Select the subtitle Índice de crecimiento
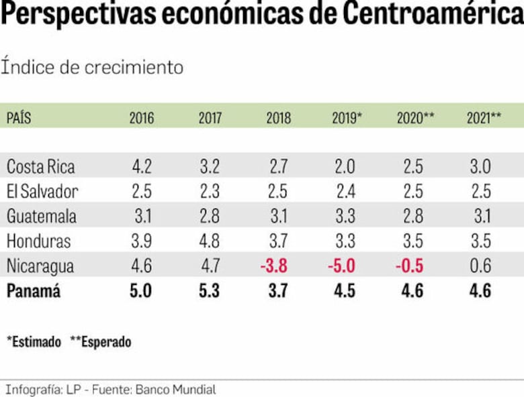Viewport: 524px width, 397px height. point(92,67)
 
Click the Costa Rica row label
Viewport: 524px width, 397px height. point(40,166)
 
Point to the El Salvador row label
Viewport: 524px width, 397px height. point(42,191)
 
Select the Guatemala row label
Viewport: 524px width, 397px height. point(42,216)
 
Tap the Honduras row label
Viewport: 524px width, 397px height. point(38,241)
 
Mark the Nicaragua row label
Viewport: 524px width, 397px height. point(40,266)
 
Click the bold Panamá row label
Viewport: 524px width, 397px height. point(34,292)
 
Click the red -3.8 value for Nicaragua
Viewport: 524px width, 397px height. point(274,266)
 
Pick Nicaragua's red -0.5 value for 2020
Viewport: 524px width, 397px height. point(409,266)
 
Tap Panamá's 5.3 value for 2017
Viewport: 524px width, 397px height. point(210,292)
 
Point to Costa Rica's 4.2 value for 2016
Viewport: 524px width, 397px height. point(141,166)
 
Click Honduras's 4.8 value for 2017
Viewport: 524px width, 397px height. point(210,241)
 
